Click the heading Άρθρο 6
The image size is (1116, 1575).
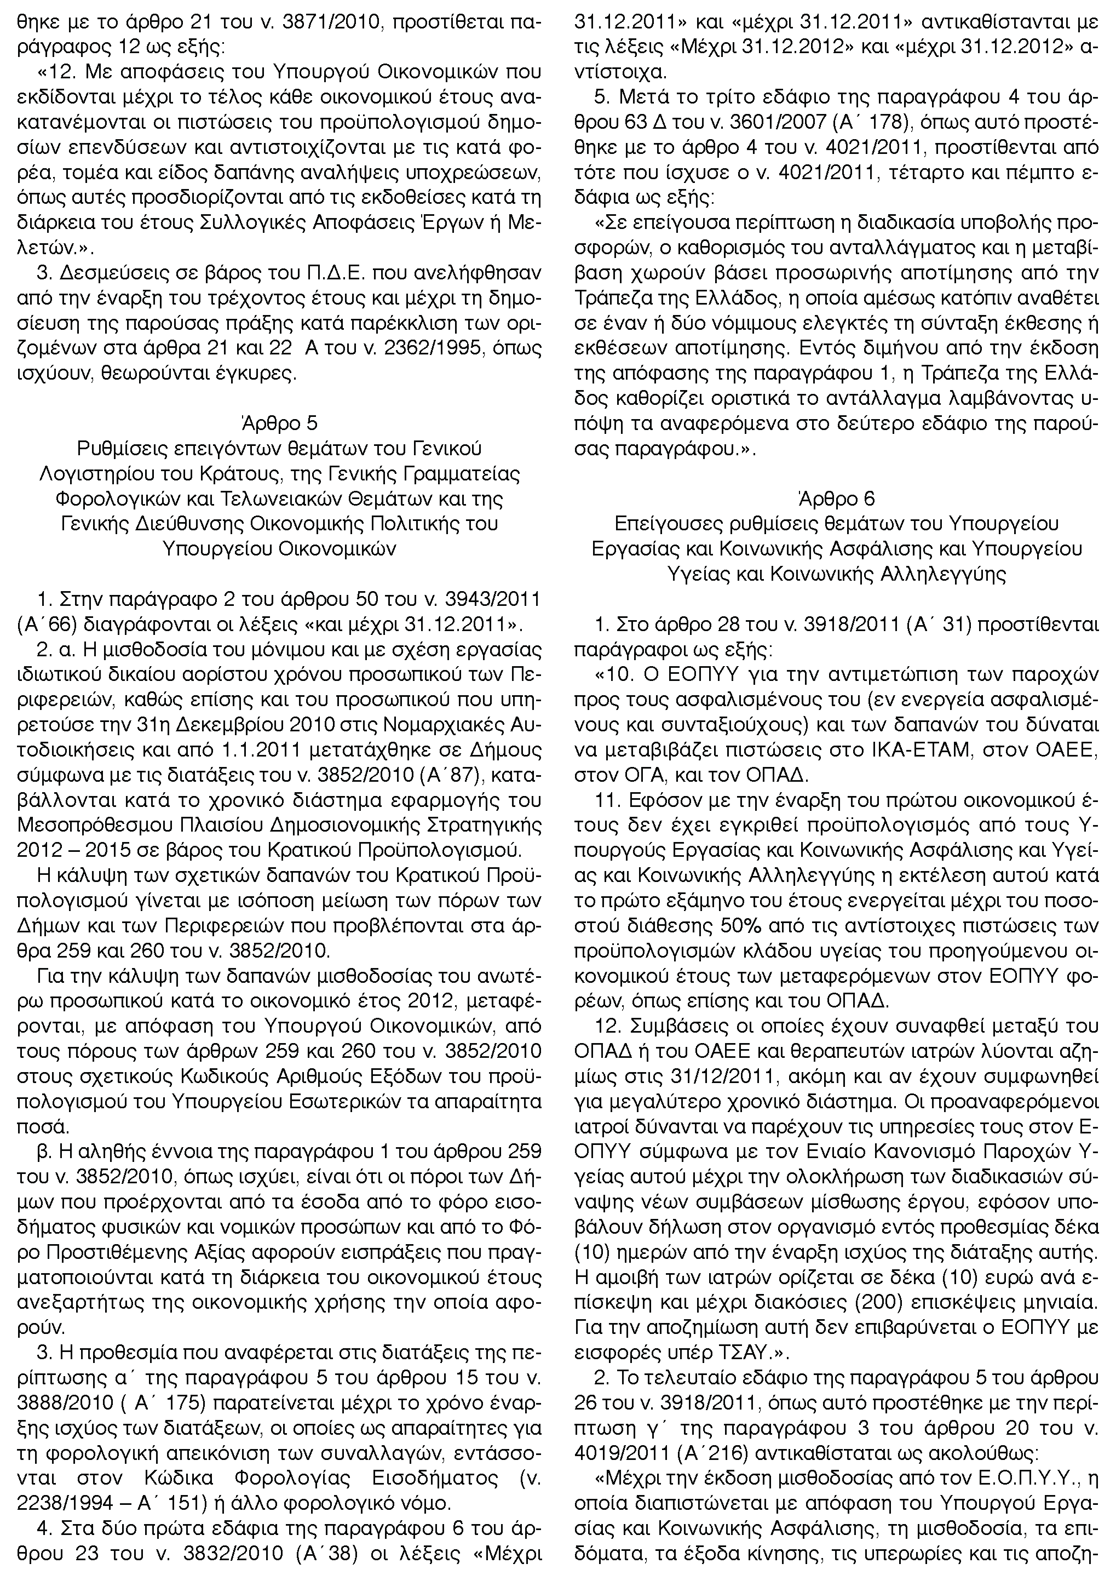point(836,498)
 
